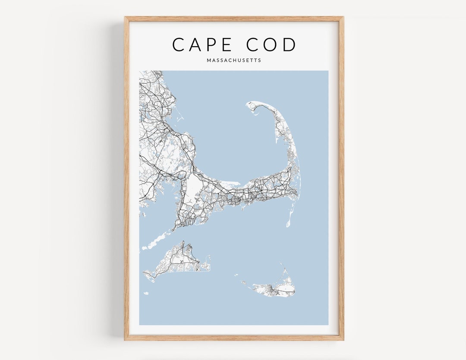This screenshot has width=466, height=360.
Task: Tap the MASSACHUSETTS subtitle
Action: (234, 60)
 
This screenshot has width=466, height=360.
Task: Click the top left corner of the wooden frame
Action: (126, 18)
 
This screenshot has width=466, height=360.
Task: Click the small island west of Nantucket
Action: (244, 283)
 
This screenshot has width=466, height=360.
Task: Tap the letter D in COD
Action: (290, 44)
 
